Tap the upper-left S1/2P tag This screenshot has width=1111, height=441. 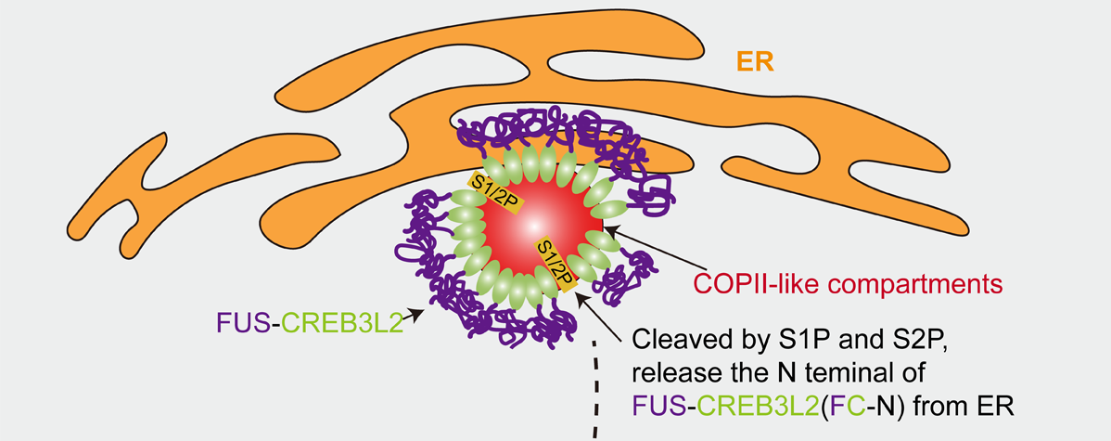[x=489, y=191]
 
